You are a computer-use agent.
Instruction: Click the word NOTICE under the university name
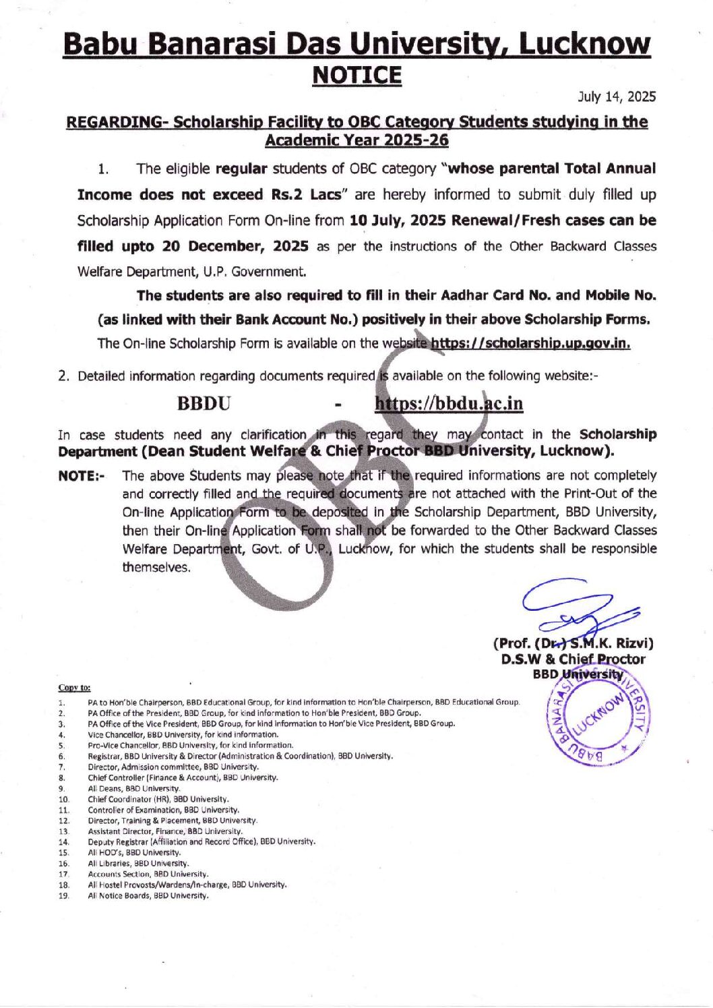coord(356,75)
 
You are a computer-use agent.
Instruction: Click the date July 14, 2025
coord(616,96)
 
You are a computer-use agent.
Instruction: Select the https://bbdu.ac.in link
coord(448,403)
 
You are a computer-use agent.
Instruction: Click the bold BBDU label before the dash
coord(203,403)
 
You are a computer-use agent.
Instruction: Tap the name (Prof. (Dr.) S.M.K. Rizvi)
coord(573,643)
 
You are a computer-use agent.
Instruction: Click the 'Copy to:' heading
coord(74,688)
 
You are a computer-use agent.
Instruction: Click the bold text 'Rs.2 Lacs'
coord(306,194)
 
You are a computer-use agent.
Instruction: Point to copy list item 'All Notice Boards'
coord(148,895)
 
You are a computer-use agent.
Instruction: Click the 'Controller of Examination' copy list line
coord(163,810)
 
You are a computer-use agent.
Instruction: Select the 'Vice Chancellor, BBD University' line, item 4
coord(183,734)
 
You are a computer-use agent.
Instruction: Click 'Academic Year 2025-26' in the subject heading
coord(356,140)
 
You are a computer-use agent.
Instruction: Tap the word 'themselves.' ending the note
coord(156,567)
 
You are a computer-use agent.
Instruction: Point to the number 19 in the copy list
coord(64,895)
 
